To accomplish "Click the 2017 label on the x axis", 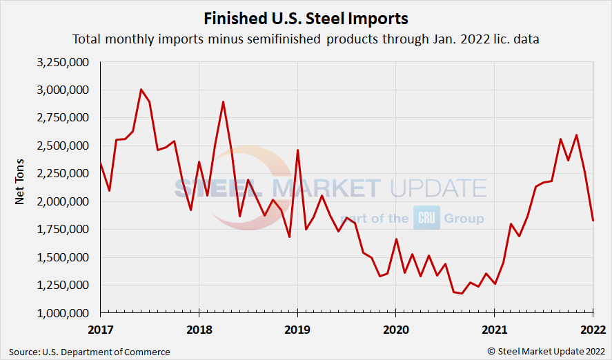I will (x=101, y=330).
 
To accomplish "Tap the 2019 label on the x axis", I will (x=297, y=330).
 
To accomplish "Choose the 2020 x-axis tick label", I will (x=395, y=330).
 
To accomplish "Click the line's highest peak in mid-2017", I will (x=141, y=90).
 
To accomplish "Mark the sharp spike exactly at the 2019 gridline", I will (x=297, y=150).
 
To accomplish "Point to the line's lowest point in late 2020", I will (x=462, y=294).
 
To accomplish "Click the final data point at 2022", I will (x=593, y=221).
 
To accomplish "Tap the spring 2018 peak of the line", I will (x=223, y=102).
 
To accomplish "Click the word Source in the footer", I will (x=25, y=352).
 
